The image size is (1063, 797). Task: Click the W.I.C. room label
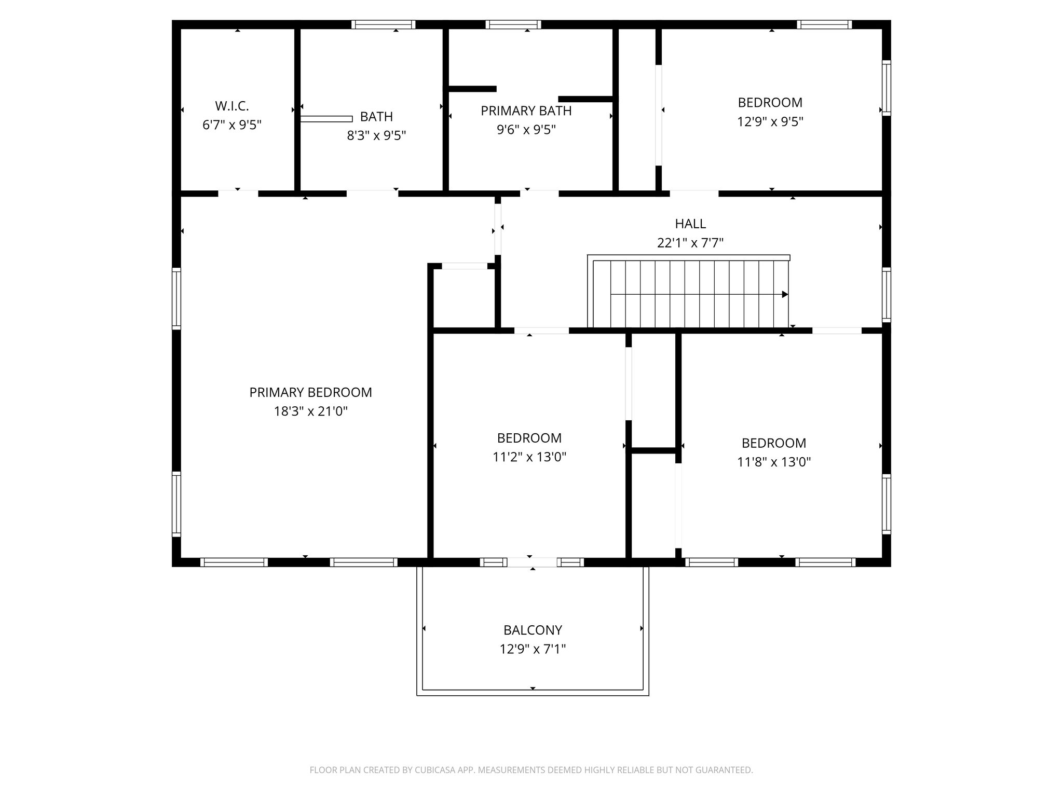click(232, 106)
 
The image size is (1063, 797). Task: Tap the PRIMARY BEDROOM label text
click(310, 392)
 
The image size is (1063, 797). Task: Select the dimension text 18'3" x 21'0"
click(310, 411)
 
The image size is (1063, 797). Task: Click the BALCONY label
click(533, 630)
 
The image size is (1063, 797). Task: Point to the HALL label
click(690, 224)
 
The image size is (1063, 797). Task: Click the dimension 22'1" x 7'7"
click(690, 243)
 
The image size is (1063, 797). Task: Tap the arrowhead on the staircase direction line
click(785, 294)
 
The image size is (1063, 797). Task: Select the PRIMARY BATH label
click(526, 111)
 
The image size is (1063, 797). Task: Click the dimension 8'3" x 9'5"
click(376, 135)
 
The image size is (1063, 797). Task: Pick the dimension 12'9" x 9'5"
click(770, 121)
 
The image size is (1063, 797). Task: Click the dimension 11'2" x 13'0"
click(529, 457)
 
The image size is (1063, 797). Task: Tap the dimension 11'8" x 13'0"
click(774, 462)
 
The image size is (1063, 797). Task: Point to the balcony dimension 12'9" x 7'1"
click(533, 649)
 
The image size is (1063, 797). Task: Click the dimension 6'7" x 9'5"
click(232, 125)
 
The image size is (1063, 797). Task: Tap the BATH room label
click(376, 117)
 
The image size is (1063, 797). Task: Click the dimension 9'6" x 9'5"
click(526, 130)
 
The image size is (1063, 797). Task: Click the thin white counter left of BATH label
click(326, 119)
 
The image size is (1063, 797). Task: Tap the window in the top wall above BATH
click(384, 24)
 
